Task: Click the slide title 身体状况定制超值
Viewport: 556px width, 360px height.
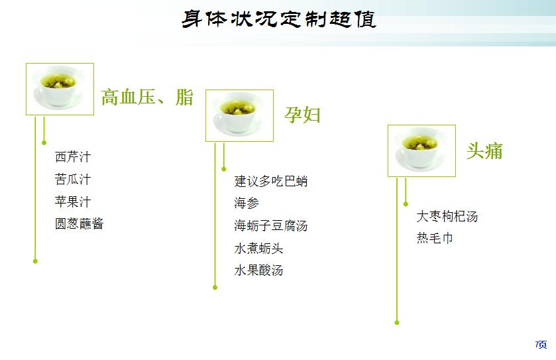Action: [278, 19]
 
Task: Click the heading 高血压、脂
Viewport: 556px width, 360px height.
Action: [147, 97]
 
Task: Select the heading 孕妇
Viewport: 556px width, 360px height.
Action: [303, 115]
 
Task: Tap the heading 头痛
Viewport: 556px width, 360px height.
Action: [484, 150]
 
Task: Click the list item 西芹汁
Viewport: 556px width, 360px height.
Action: [73, 157]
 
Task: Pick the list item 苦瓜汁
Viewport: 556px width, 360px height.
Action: [73, 180]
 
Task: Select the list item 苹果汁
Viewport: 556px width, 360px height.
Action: [73, 202]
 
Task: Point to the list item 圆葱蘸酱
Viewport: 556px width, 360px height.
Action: [80, 223]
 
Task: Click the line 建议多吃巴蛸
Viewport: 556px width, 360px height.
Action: [271, 181]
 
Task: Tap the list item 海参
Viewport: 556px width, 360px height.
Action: [247, 203]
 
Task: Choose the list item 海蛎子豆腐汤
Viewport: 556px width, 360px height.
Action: [271, 225]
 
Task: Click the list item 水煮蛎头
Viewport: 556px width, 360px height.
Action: [258, 248]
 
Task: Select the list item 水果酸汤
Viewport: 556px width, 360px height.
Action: [258, 270]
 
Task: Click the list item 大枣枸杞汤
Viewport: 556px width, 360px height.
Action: [447, 216]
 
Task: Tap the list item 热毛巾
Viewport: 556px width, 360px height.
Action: [435, 238]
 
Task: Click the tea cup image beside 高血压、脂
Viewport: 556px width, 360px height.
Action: [60, 89]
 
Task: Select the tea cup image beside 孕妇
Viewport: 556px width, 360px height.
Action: [239, 115]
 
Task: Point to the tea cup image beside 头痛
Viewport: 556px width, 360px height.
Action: [421, 150]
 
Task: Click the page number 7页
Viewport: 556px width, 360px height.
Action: [541, 344]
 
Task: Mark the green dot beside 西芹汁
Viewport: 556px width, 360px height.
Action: [44, 142]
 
